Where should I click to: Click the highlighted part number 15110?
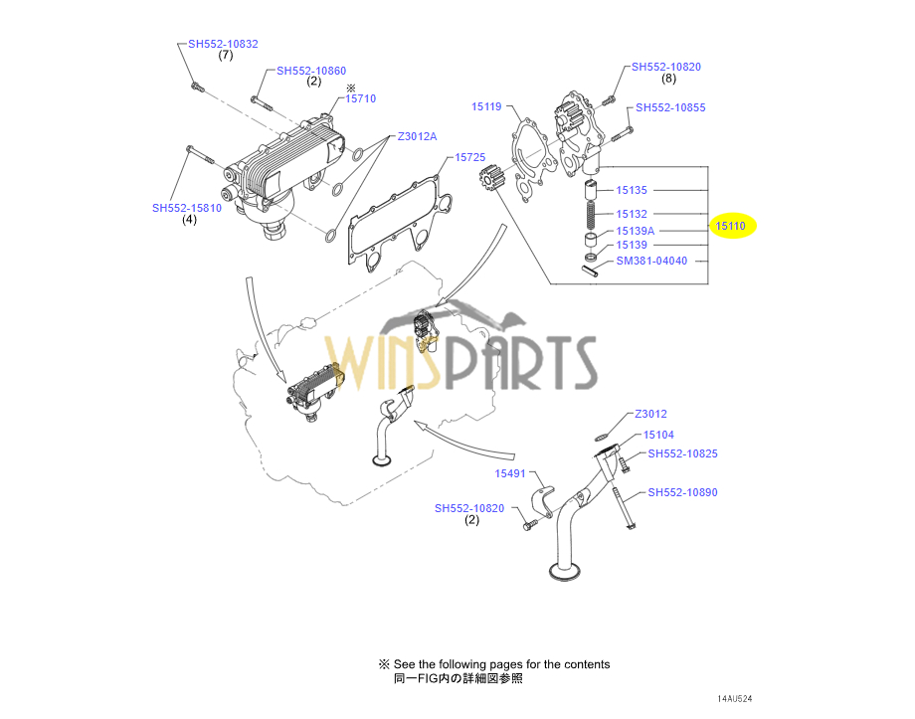point(730,227)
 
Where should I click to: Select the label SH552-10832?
point(223,44)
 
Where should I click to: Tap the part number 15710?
point(360,99)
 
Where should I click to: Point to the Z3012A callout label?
point(417,136)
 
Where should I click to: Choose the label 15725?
point(469,157)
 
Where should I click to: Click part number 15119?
point(486,106)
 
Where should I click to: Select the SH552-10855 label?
point(670,107)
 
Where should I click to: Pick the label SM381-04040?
point(651,262)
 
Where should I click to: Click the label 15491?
point(510,473)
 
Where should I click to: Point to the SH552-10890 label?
point(682,492)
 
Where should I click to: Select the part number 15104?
point(658,435)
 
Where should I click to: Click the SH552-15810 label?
point(186,208)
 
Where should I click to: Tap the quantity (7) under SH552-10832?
point(226,56)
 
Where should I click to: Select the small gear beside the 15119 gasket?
point(491,184)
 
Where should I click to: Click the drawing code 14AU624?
point(742,698)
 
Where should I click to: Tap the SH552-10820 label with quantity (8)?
point(665,67)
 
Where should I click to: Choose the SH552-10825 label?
point(682,453)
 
